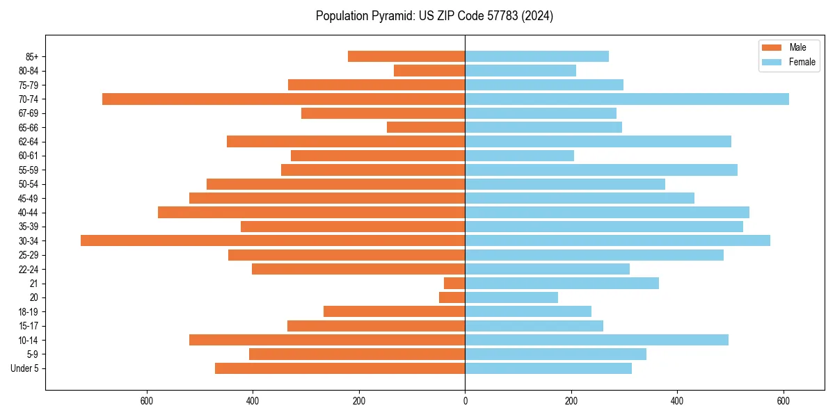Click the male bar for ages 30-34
(x=273, y=240)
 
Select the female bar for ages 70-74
(x=627, y=99)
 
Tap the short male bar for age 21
(x=454, y=283)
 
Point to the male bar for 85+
(x=406, y=56)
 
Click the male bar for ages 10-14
(x=327, y=340)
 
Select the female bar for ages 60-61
(x=520, y=156)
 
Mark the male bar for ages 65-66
(x=426, y=127)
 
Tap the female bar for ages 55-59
(x=601, y=170)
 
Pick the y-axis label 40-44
(x=29, y=213)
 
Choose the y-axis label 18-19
(x=29, y=312)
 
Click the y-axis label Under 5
(x=25, y=368)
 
